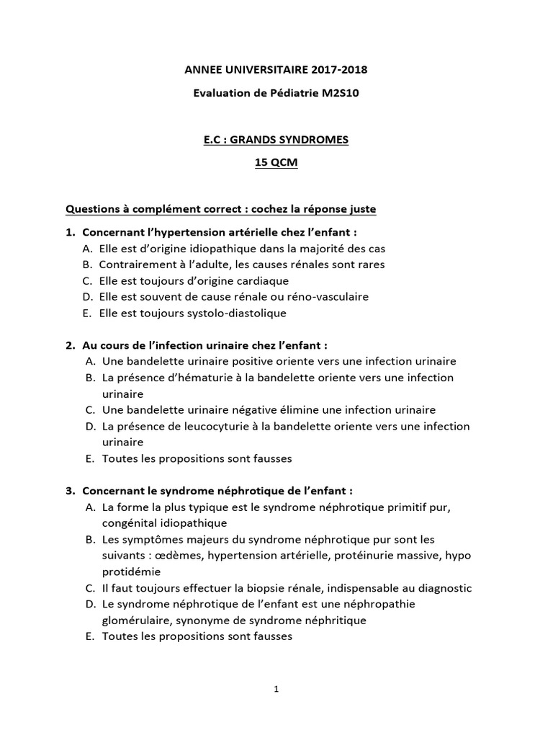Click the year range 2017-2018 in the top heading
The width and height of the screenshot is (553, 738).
tap(339, 70)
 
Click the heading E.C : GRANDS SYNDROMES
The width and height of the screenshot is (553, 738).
tap(276, 140)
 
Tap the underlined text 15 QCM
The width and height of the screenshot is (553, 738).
tap(276, 163)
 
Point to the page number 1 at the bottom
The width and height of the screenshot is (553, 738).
tap(276, 689)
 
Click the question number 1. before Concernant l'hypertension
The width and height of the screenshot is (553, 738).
tap(71, 233)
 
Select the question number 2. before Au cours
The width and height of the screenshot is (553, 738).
tap(71, 345)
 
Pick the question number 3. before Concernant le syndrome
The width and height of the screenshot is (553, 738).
tap(71, 491)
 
